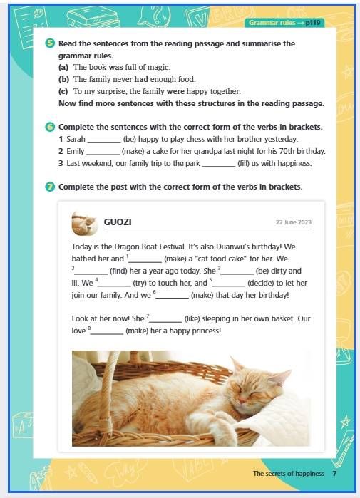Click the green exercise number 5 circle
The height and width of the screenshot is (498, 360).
pyautogui.click(x=50, y=43)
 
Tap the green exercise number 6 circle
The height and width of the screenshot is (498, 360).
pyautogui.click(x=50, y=127)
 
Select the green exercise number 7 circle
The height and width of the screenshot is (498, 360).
pyautogui.click(x=50, y=187)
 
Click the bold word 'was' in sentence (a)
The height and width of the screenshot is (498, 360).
pyautogui.click(x=115, y=68)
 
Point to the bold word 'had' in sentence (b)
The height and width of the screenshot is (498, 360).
pyautogui.click(x=141, y=79)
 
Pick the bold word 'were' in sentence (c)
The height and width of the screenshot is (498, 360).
pyautogui.click(x=175, y=91)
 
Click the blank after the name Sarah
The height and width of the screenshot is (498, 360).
pyautogui.click(x=104, y=142)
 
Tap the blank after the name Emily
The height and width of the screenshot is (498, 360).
pyautogui.click(x=103, y=154)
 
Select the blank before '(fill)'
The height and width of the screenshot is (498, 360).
pyautogui.click(x=219, y=166)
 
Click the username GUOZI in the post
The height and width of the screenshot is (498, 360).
pyautogui.click(x=118, y=222)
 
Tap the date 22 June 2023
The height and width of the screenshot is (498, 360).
pyautogui.click(x=294, y=222)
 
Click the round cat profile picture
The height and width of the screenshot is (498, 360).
pyautogui.click(x=85, y=223)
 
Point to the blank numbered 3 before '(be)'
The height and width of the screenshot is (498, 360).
pyautogui.click(x=237, y=274)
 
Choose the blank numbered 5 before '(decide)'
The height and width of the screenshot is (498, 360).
pyautogui.click(x=228, y=286)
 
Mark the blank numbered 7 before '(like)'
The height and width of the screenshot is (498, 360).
pyautogui.click(x=165, y=321)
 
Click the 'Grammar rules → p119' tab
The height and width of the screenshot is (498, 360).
pyautogui.click(x=284, y=23)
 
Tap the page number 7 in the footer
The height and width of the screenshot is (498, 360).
pyautogui.click(x=334, y=474)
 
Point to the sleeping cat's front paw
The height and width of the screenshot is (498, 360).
pyautogui.click(x=225, y=424)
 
